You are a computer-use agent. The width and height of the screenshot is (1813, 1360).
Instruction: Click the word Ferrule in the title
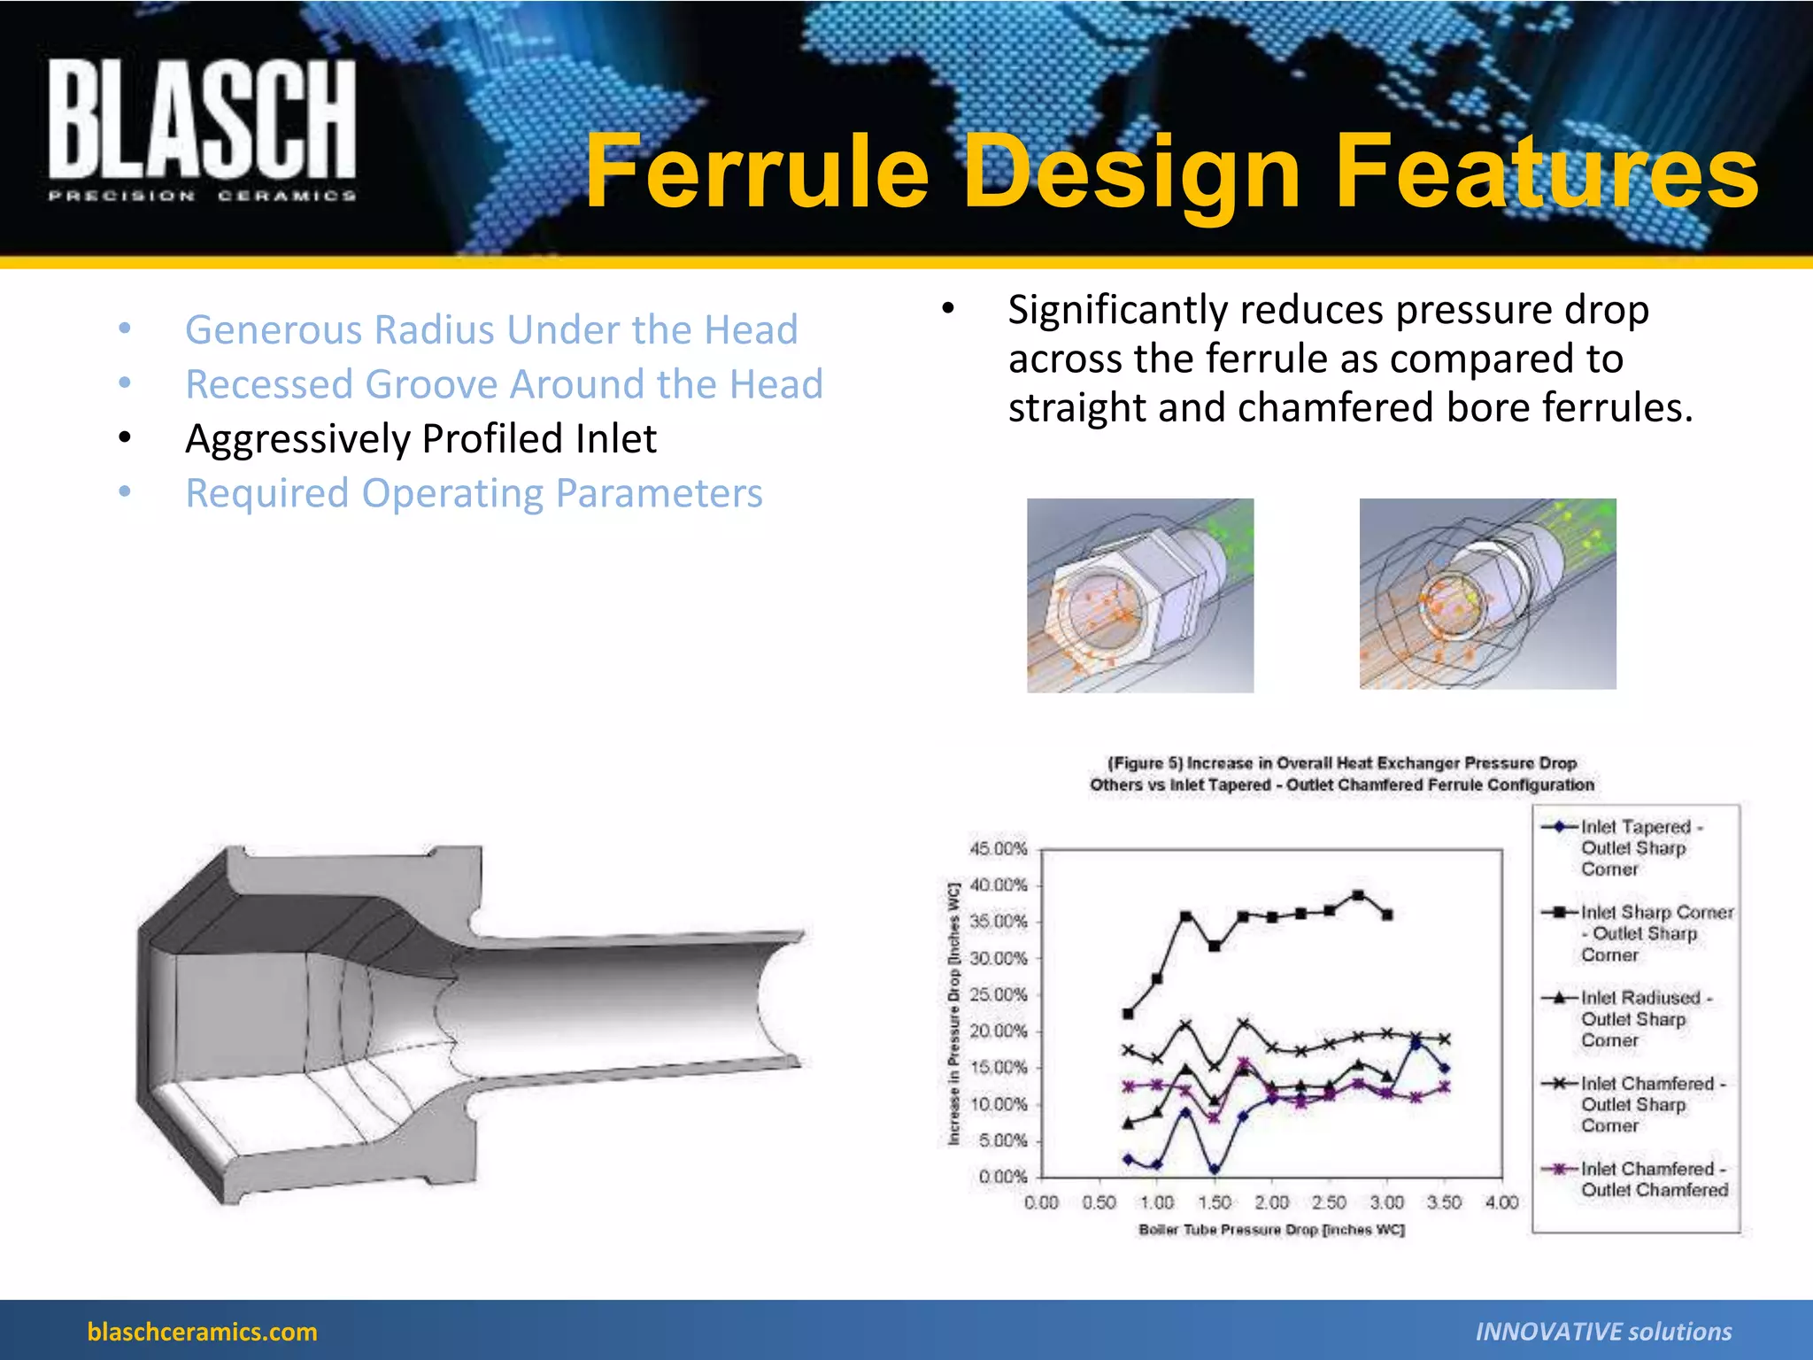coord(757,172)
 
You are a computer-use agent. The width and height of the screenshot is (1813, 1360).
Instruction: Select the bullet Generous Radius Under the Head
coord(491,329)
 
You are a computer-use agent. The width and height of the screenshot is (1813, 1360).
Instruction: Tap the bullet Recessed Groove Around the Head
coord(504,384)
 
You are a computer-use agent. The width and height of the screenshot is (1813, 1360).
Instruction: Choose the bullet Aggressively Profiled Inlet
coord(420,438)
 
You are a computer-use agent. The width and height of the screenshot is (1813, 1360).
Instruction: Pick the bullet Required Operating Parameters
coord(474,493)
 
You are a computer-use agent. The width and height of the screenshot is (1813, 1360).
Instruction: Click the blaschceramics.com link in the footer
coord(202,1332)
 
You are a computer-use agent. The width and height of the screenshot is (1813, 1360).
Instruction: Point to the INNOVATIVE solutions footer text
coord(1603,1332)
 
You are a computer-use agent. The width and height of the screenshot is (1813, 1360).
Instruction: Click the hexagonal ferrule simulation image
coord(1140,595)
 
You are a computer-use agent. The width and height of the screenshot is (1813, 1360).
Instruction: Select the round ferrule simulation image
coord(1487,594)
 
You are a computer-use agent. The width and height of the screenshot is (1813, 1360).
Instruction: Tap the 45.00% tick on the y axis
coord(999,849)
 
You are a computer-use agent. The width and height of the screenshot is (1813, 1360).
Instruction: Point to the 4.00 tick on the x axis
coord(1501,1202)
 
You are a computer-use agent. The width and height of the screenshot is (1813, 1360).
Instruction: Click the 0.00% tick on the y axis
coord(1003,1177)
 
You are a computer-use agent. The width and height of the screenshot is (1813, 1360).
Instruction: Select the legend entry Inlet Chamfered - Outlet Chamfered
coord(1653,1179)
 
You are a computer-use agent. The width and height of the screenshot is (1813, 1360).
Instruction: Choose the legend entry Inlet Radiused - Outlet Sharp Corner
coord(1645,1019)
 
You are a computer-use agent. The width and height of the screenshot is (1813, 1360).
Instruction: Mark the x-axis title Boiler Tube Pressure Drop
coord(1271,1230)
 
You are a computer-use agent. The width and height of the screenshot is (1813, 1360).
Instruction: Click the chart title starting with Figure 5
coord(1342,774)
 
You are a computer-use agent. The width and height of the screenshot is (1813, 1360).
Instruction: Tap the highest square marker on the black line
coord(1359,895)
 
